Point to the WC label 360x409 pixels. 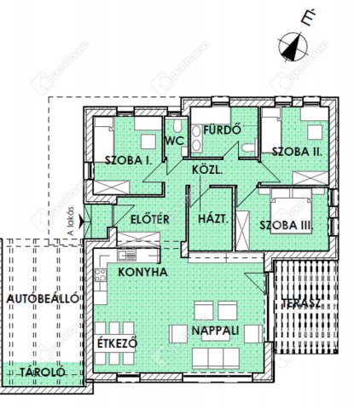pyautogui.click(x=175, y=141)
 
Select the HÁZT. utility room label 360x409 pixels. pyautogui.click(x=211, y=218)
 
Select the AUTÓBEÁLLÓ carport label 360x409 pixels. pyautogui.click(x=43, y=299)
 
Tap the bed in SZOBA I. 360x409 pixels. pyautogui.click(x=112, y=135)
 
